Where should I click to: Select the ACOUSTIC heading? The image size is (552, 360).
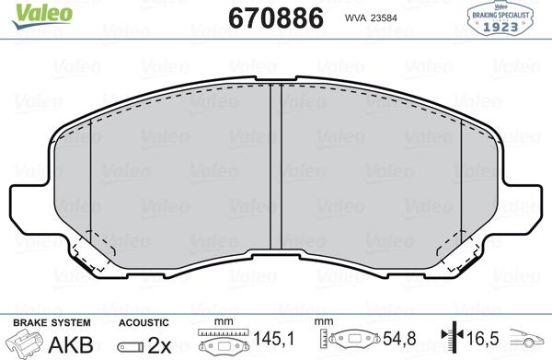click(143, 322)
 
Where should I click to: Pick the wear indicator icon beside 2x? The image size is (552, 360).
click(132, 345)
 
